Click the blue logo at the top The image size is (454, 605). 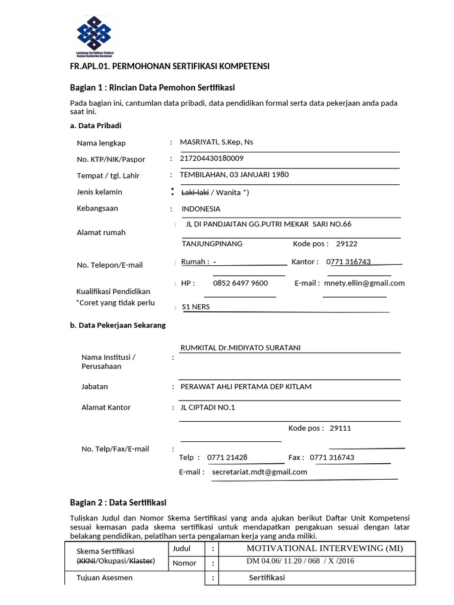[x=94, y=35]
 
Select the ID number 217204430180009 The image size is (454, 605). [x=212, y=158]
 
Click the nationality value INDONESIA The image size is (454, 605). [x=201, y=209]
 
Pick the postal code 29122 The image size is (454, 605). [x=346, y=243]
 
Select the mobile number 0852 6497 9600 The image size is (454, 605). [x=240, y=283]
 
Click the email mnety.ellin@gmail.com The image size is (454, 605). [x=364, y=283]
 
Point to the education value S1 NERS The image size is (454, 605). [x=196, y=307]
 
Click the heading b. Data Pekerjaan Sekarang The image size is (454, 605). [x=118, y=325]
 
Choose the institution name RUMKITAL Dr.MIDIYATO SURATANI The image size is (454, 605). [x=240, y=347]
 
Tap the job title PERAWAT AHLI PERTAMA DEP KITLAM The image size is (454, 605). [x=245, y=386]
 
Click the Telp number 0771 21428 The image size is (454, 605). [x=227, y=457]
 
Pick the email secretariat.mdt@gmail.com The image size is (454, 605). [x=260, y=472]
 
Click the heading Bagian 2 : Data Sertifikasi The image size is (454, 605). [x=118, y=502]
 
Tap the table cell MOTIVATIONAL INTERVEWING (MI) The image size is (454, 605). [x=325, y=548]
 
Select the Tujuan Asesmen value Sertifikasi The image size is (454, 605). [x=267, y=577]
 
